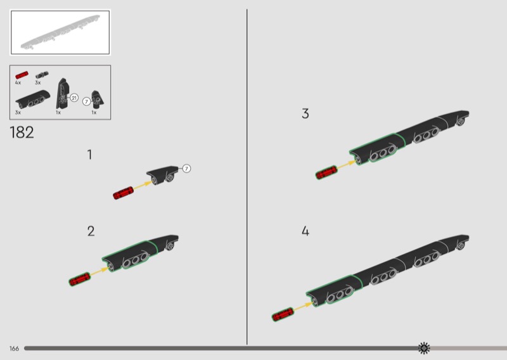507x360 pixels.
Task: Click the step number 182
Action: (x=22, y=132)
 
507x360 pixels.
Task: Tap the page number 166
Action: (x=14, y=349)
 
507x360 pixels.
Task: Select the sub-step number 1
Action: (x=90, y=155)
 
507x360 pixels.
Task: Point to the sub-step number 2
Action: (x=91, y=231)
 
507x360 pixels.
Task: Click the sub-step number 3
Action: (x=305, y=113)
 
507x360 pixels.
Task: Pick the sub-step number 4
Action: (x=305, y=231)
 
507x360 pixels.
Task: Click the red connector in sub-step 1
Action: (x=123, y=193)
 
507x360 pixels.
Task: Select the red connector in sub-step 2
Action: (x=80, y=279)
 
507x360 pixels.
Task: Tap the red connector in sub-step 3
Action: (x=326, y=172)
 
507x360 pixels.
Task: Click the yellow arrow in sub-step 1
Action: (x=142, y=185)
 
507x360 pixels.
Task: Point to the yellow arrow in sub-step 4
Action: (x=303, y=307)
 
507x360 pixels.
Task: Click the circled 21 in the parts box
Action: (x=74, y=98)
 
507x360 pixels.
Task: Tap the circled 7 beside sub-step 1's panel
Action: (x=186, y=169)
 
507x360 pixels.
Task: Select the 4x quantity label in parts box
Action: (x=18, y=83)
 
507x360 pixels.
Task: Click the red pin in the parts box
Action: (x=22, y=75)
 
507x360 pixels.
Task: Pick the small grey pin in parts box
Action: (x=42, y=75)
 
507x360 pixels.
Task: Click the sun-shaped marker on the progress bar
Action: (x=424, y=348)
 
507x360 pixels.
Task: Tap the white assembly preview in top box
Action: (x=60, y=32)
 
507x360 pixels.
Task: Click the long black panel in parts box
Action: (x=33, y=100)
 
